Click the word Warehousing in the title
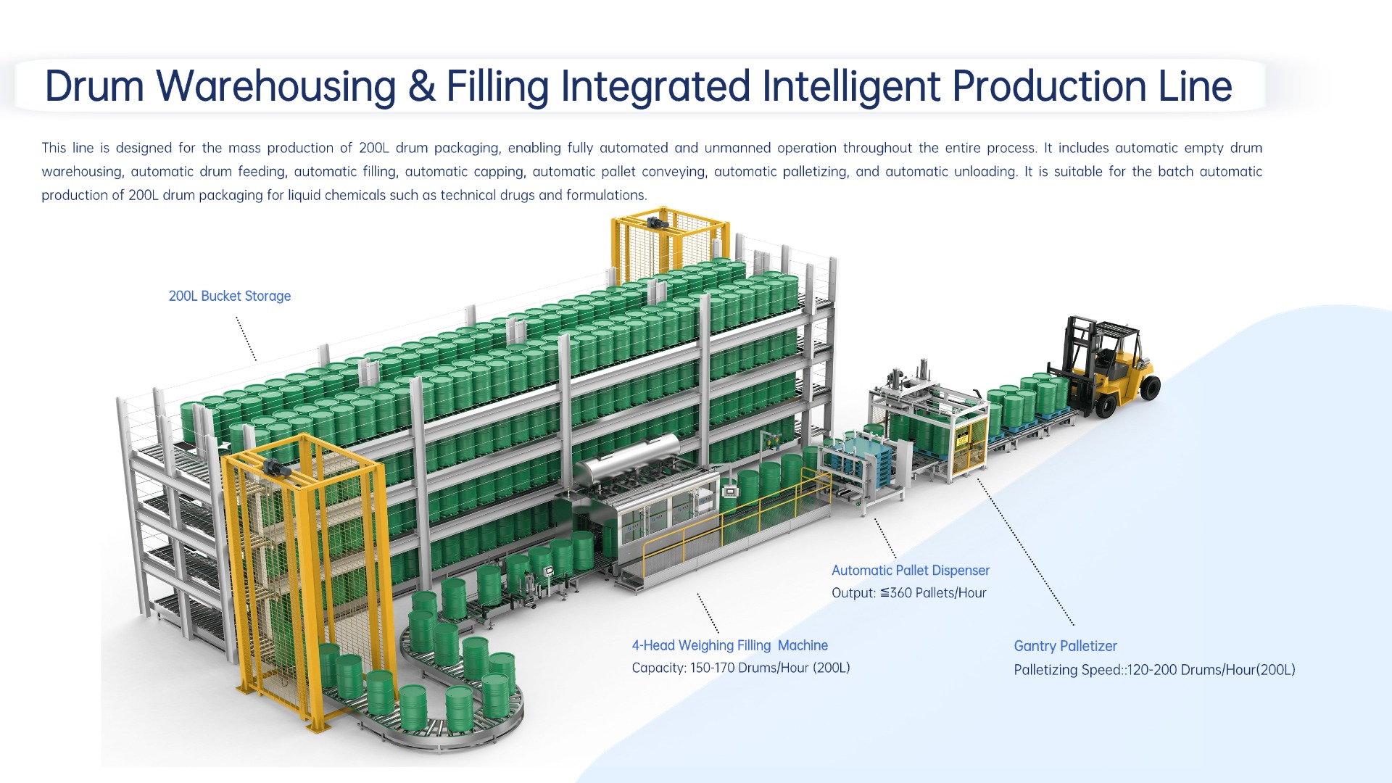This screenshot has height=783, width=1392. [276, 86]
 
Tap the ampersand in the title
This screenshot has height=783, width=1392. [421, 86]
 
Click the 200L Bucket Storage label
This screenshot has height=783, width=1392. [229, 296]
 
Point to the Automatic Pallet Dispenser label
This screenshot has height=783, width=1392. [910, 571]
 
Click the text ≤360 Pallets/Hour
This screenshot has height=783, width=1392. [933, 593]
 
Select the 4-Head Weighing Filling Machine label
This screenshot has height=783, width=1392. [729, 645]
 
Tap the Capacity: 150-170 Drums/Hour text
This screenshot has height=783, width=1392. [740, 668]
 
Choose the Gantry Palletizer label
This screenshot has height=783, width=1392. [1065, 646]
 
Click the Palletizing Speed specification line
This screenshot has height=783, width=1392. [1154, 670]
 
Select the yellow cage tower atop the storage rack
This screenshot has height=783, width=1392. [668, 246]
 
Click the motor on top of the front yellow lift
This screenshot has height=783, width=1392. [276, 468]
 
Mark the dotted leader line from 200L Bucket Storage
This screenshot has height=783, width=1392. [246, 339]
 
